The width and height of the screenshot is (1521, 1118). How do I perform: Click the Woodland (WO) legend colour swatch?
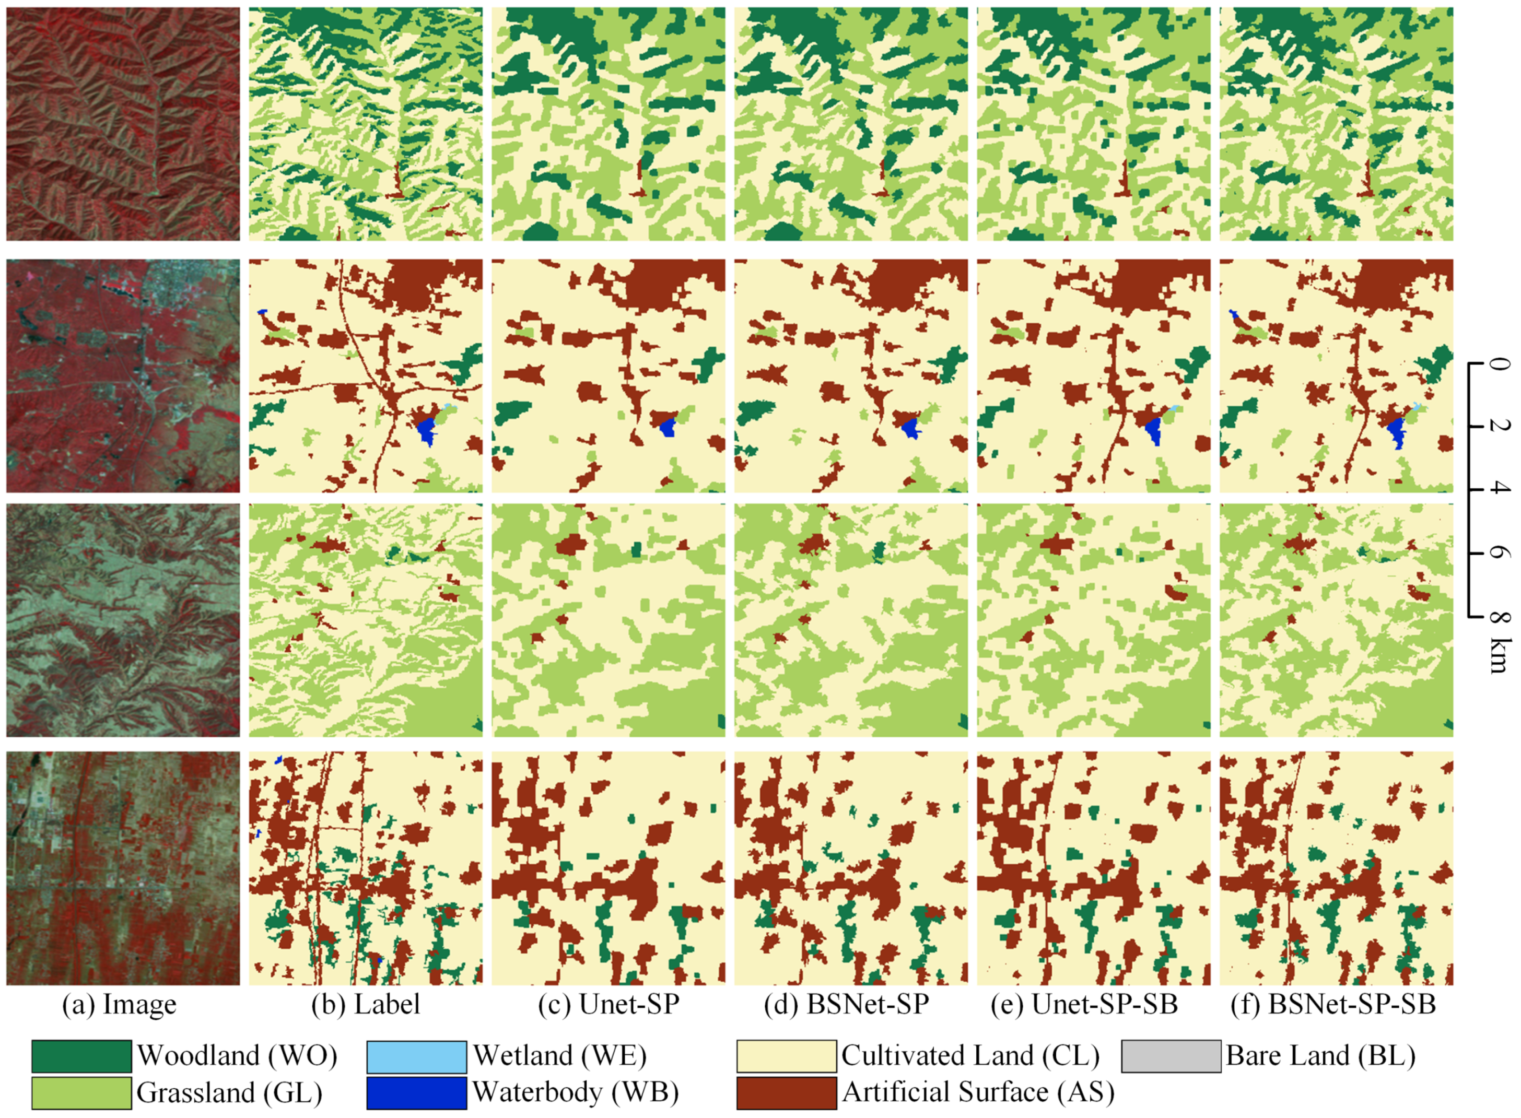click(x=81, y=1056)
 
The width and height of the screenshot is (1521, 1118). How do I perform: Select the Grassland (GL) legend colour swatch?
click(x=81, y=1093)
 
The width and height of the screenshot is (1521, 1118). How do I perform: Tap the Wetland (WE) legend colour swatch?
click(x=416, y=1056)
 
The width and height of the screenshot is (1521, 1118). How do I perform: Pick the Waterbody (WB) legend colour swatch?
click(x=416, y=1093)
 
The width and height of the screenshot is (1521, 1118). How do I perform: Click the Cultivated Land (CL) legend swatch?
click(x=786, y=1056)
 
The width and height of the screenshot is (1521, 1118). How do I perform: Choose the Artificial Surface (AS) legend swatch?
click(x=786, y=1093)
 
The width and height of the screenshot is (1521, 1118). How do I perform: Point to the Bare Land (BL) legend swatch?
click(x=1171, y=1056)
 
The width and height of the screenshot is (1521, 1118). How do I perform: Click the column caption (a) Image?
click(x=119, y=1004)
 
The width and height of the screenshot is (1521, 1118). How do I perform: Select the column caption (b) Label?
click(x=366, y=1004)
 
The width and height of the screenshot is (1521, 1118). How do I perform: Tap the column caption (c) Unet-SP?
click(x=609, y=1004)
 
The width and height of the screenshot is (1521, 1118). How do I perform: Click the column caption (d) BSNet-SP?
click(x=846, y=1004)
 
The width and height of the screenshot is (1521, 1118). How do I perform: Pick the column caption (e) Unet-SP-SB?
click(x=1084, y=1004)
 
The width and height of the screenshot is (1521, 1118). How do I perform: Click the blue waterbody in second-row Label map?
click(x=426, y=431)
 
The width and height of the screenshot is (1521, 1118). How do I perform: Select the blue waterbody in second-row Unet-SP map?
click(x=668, y=428)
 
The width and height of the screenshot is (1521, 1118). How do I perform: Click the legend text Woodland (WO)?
click(x=237, y=1056)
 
